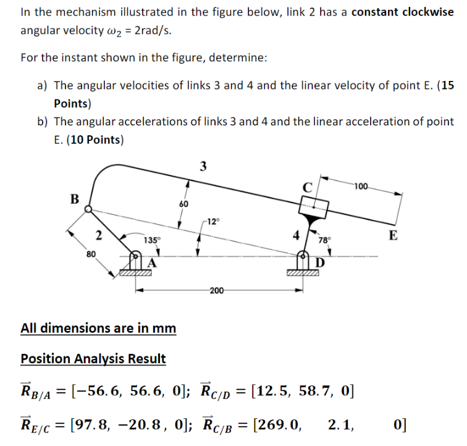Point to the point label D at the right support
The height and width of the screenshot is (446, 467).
[x=320, y=264]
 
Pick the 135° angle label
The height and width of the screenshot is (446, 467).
[x=151, y=240]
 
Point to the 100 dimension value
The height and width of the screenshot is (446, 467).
[x=361, y=185]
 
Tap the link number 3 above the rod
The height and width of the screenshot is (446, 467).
[x=204, y=165]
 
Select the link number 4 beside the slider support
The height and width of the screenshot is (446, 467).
[x=295, y=234]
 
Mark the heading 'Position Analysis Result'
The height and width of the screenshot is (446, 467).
[x=93, y=358]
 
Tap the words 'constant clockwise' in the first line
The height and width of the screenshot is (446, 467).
[x=403, y=12]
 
